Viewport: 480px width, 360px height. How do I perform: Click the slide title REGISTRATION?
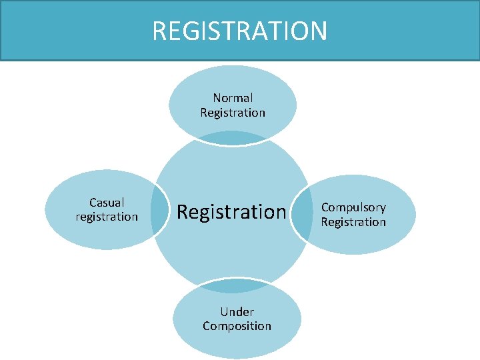[x=240, y=31]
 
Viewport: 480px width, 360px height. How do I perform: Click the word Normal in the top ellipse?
[x=233, y=98]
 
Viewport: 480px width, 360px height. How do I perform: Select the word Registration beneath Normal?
[x=233, y=113]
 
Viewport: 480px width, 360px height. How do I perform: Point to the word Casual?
[x=107, y=202]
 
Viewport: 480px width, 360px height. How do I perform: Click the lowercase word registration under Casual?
[x=107, y=217]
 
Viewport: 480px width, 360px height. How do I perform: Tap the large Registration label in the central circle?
[x=231, y=212]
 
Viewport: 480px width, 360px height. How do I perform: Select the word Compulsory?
[x=353, y=207]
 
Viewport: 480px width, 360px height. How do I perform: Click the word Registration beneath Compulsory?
[x=353, y=222]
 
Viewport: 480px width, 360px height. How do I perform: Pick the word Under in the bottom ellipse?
[x=237, y=311]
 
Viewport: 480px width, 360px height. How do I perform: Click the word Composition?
[x=237, y=326]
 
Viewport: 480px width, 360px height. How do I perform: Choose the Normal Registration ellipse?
[x=233, y=87]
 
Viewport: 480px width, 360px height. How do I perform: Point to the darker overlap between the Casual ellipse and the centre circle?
[x=159, y=211]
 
